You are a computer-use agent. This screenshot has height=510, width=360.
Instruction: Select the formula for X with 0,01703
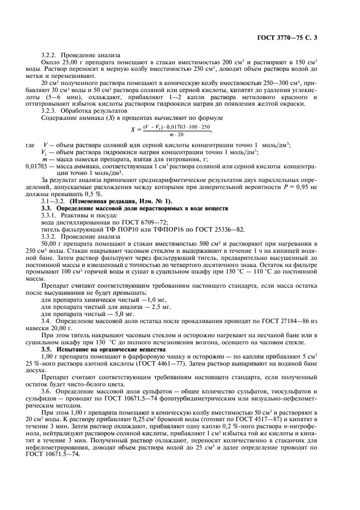pyautogui.click(x=171, y=130)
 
